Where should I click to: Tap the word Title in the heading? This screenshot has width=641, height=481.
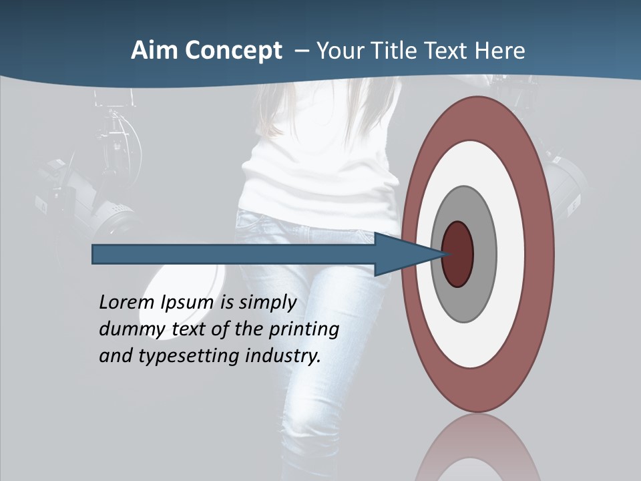click(397, 51)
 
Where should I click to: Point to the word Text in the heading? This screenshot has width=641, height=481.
click(448, 51)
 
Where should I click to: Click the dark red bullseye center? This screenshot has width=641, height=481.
click(458, 254)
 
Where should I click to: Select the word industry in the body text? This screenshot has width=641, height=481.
click(283, 356)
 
